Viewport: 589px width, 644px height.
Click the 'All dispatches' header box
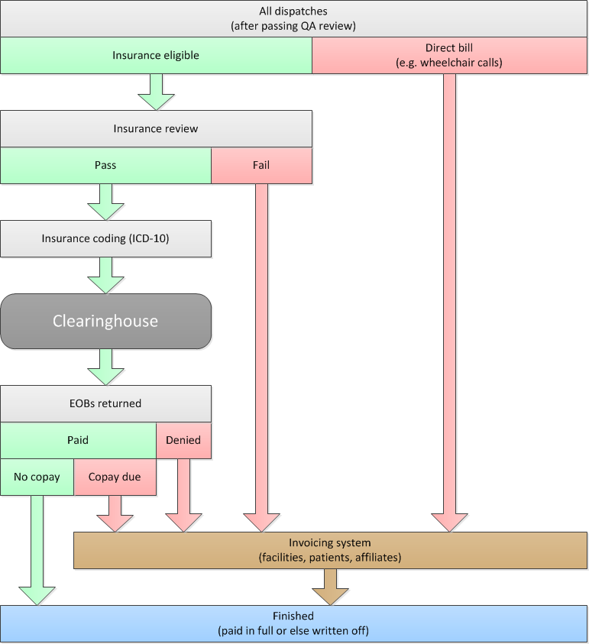click(294, 19)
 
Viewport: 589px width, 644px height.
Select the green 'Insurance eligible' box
click(156, 56)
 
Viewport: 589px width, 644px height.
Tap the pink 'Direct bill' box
click(449, 56)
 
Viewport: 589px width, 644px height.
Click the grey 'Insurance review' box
click(156, 128)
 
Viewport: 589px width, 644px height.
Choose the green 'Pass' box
click(105, 165)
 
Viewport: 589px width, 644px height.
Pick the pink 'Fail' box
click(261, 165)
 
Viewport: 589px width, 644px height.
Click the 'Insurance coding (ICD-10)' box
click(105, 238)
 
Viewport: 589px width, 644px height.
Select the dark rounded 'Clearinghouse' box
click(105, 321)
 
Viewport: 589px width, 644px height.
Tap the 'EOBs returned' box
click(105, 403)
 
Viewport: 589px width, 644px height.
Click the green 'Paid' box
click(78, 440)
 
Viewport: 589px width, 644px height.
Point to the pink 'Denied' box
click(183, 440)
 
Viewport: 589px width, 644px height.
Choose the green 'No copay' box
click(37, 477)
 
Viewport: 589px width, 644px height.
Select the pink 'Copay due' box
click(115, 477)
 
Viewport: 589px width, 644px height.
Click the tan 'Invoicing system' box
click(330, 550)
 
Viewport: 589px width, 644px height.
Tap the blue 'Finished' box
click(294, 623)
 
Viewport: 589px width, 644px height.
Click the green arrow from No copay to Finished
click(37, 550)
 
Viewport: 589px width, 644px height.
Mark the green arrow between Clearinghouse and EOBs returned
click(105, 367)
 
